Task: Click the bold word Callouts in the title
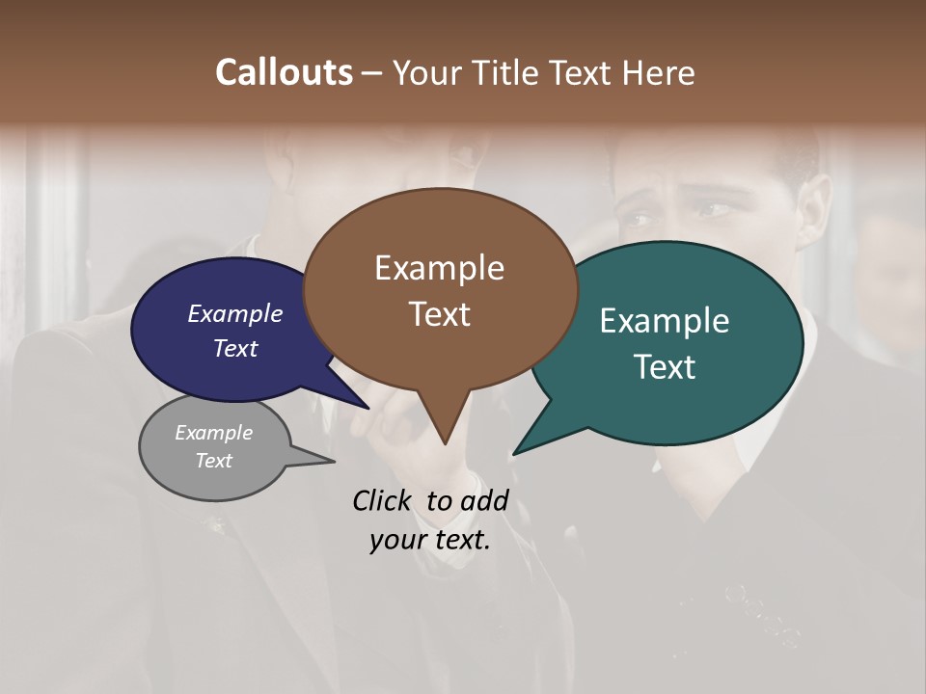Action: [284, 72]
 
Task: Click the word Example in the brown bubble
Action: [439, 267]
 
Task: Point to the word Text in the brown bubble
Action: [439, 313]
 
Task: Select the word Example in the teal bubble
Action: [665, 320]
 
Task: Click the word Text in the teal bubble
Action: [666, 366]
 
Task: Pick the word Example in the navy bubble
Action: [234, 313]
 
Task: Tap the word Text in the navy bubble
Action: [234, 348]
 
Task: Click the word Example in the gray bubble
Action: [213, 433]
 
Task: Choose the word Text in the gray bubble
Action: [213, 461]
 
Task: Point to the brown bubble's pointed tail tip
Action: [444, 442]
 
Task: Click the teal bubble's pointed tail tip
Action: [515, 453]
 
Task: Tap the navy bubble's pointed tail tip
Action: [368, 408]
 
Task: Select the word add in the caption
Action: [485, 500]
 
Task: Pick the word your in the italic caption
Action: [395, 540]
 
